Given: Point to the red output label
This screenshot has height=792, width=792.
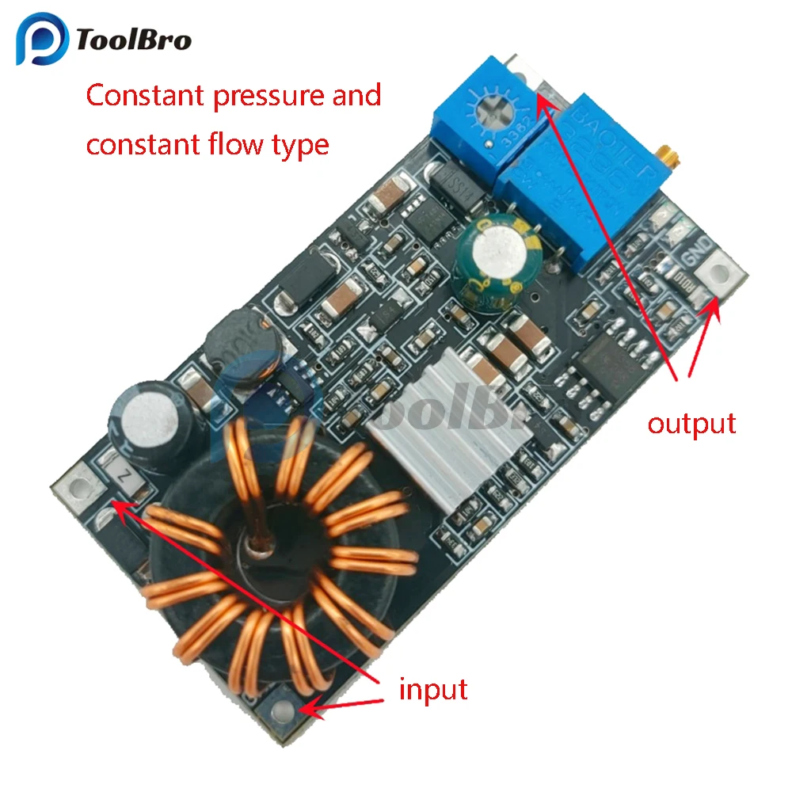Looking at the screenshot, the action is (x=691, y=423).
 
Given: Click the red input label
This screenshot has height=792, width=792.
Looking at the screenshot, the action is (x=432, y=689).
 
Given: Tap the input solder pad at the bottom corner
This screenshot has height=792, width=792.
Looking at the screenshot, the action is (x=283, y=710).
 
